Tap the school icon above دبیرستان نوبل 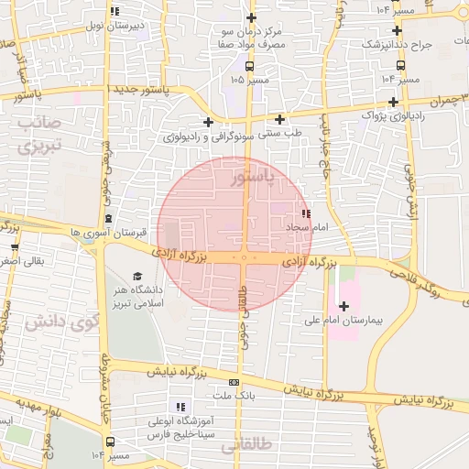coord(114,11)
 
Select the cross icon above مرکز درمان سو coord(251,18)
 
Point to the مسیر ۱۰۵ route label coord(250,80)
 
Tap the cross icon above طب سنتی coord(279,119)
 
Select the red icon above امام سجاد coord(305,213)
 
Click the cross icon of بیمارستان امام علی coord(344,306)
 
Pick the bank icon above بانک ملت coord(234,382)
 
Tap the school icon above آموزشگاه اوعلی coord(181,406)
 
